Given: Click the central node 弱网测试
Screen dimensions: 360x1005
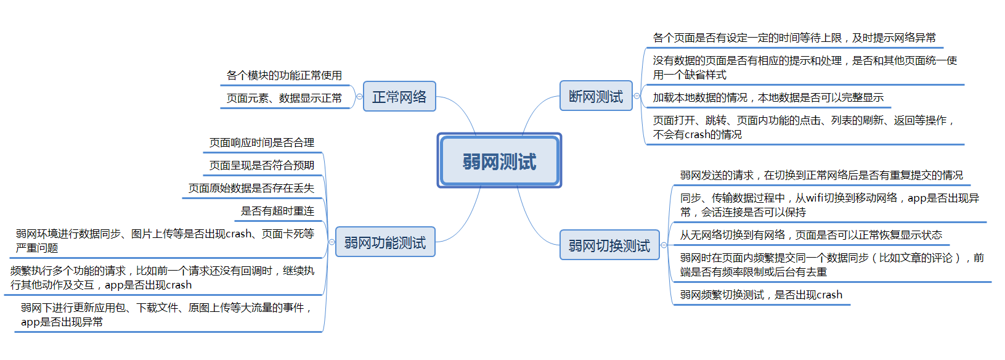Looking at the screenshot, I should [499, 161].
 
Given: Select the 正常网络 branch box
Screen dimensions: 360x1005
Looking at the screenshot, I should [399, 97].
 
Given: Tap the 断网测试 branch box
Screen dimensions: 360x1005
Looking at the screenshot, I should [595, 96].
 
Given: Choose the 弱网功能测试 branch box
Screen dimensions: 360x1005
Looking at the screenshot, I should [385, 242].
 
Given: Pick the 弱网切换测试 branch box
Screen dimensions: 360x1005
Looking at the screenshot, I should [609, 245].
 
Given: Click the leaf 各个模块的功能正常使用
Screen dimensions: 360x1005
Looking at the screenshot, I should [284, 75].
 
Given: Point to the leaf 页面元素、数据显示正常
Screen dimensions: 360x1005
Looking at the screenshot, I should [284, 98].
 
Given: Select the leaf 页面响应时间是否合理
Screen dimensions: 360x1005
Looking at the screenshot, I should [262, 142].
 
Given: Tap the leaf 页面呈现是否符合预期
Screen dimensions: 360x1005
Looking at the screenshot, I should [262, 165].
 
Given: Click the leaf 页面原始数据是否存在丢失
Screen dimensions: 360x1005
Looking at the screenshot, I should [251, 188].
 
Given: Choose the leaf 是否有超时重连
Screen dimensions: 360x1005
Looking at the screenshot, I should [277, 211].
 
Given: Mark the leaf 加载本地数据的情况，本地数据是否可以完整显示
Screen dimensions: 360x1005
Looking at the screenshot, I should [768, 97].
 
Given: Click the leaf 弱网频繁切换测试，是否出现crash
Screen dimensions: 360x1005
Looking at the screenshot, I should [761, 295].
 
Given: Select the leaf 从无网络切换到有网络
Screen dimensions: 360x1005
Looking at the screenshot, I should [811, 235].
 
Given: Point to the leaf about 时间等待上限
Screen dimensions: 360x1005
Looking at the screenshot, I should [794, 38].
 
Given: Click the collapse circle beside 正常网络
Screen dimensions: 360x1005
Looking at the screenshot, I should [359, 96].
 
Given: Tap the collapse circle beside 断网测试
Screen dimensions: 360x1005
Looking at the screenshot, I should [637, 96].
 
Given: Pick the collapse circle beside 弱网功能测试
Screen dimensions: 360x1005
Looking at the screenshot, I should [332, 242].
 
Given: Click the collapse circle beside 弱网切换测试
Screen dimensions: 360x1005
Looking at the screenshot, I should [664, 245].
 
